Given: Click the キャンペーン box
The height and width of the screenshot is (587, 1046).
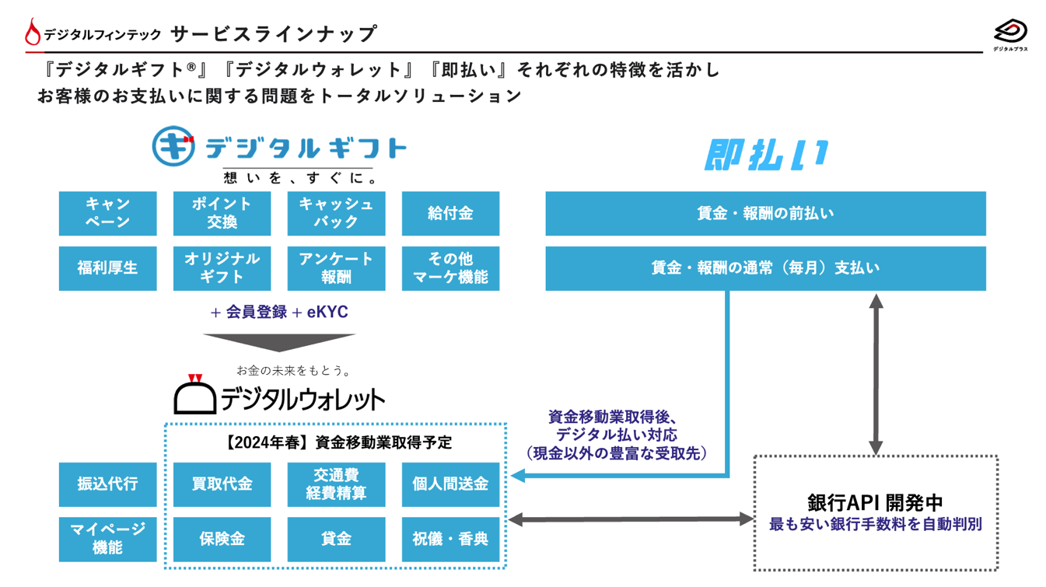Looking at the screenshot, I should tap(107, 213).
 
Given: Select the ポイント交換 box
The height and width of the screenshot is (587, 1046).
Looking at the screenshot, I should tap(222, 213).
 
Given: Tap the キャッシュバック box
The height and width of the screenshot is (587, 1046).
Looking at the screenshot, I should tap(336, 213).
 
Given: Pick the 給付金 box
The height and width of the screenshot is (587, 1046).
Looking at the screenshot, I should tap(450, 213).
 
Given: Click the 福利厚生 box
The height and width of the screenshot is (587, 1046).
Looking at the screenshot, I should tap(107, 268).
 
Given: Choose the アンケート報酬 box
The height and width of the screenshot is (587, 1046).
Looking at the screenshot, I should tap(336, 268).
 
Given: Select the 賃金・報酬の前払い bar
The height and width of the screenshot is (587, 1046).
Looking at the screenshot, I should tap(765, 213).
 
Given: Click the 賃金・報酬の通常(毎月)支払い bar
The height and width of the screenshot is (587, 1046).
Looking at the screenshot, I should tap(765, 268).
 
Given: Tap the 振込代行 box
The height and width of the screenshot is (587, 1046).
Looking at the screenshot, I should tap(107, 484).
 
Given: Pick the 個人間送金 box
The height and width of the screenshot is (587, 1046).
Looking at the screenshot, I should tap(450, 484).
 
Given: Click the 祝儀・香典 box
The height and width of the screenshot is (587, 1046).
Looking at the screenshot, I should tap(450, 539).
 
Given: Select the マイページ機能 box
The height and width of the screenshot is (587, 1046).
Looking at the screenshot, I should tap(107, 539).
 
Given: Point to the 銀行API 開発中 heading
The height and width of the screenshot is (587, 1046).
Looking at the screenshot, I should tap(875, 501).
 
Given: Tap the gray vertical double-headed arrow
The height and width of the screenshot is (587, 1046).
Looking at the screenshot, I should tap(876, 374).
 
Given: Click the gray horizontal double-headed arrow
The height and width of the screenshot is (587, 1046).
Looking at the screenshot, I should tap(631, 519).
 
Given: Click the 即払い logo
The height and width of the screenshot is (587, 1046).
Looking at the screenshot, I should tap(766, 155).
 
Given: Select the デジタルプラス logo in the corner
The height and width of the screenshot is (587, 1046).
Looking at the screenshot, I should tap(1010, 35).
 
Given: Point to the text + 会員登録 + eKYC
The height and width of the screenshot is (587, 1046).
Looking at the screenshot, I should tap(279, 313).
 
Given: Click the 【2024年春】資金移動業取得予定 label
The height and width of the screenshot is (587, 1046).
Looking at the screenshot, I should tap(336, 442).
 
